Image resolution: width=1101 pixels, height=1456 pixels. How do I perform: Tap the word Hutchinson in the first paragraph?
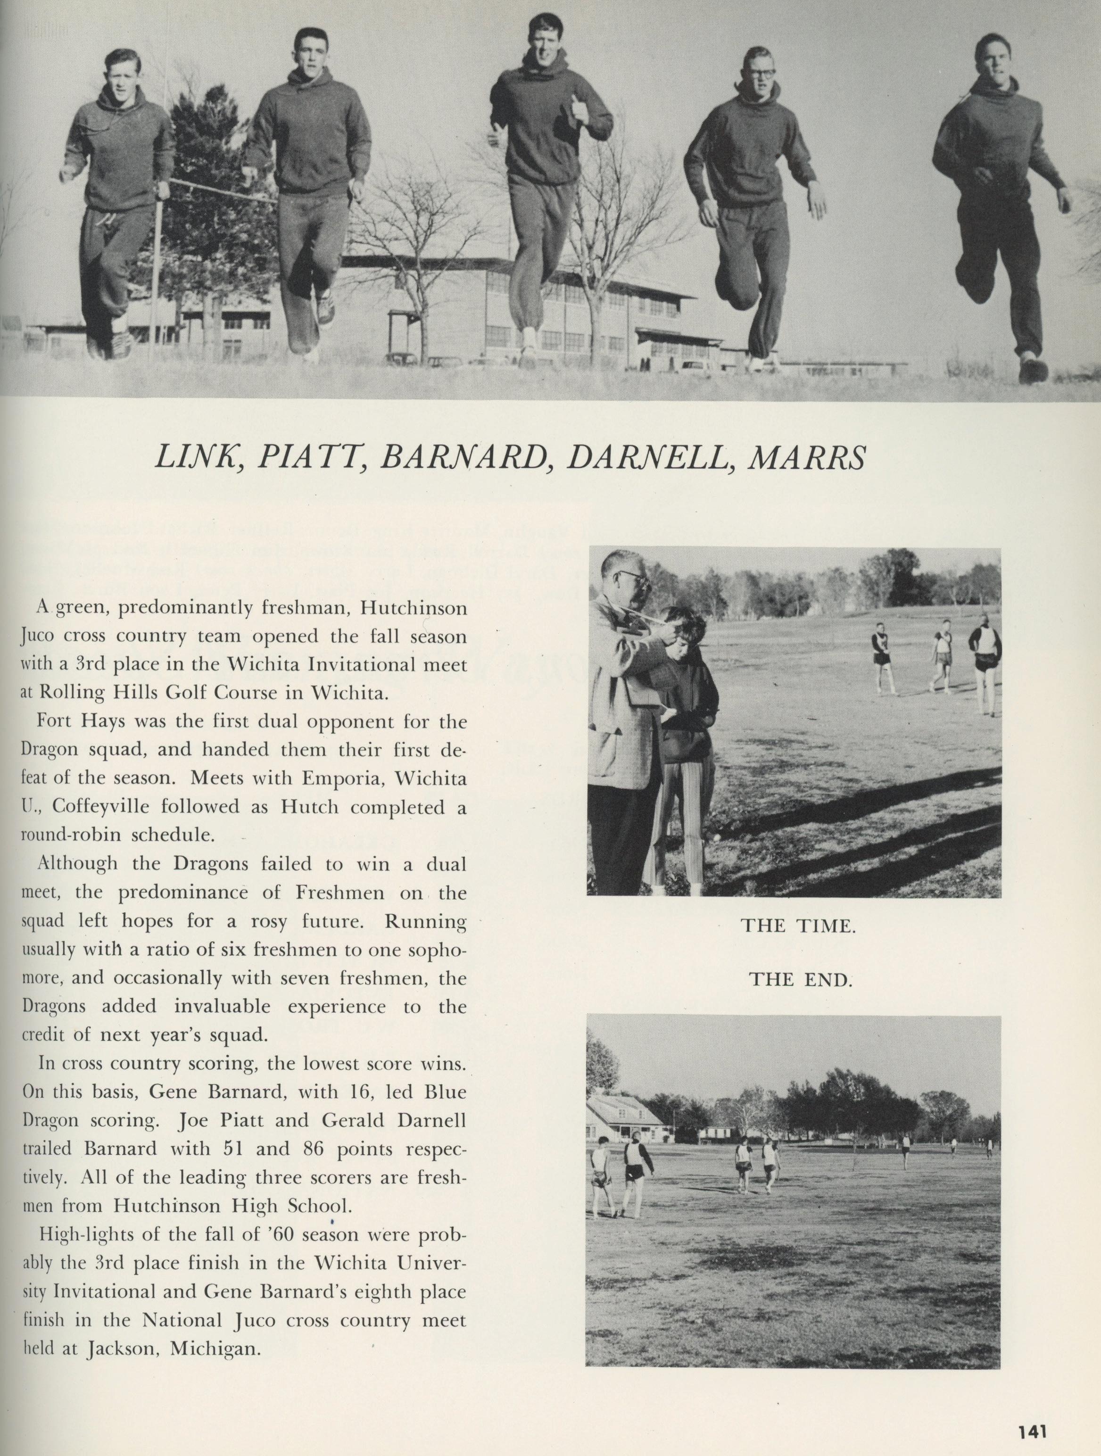(413, 608)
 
